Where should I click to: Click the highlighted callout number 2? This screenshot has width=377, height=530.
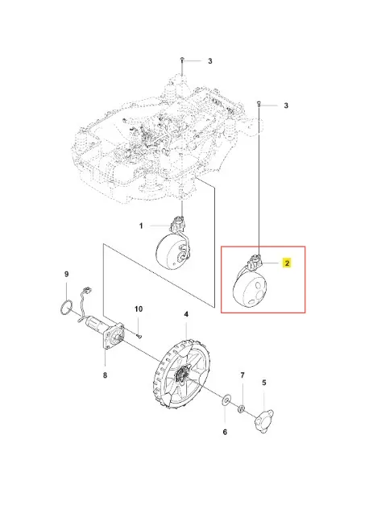pyautogui.click(x=287, y=263)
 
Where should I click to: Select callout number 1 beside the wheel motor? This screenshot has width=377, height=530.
pyautogui.click(x=141, y=226)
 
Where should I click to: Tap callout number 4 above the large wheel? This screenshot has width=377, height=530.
pyautogui.click(x=186, y=314)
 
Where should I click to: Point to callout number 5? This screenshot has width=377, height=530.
pyautogui.click(x=264, y=383)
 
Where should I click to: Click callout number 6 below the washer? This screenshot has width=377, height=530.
pyautogui.click(x=225, y=432)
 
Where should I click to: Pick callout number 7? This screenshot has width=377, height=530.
pyautogui.click(x=242, y=375)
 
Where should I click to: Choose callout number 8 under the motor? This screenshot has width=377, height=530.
pyautogui.click(x=105, y=375)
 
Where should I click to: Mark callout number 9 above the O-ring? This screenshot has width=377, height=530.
pyautogui.click(x=66, y=274)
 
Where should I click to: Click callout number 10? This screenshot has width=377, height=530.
pyautogui.click(x=139, y=309)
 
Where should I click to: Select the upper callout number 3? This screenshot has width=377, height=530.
pyautogui.click(x=210, y=61)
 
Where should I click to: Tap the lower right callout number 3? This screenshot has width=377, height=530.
pyautogui.click(x=286, y=106)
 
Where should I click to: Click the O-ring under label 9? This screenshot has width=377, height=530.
pyautogui.click(x=65, y=307)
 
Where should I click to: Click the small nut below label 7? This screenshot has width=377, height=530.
pyautogui.click(x=242, y=409)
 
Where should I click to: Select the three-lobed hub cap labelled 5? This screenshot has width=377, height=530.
pyautogui.click(x=263, y=420)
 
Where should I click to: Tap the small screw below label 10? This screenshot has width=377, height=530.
pyautogui.click(x=139, y=336)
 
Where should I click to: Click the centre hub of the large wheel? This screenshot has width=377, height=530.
pyautogui.click(x=183, y=375)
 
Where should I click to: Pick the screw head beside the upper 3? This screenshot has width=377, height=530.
pyautogui.click(x=182, y=59)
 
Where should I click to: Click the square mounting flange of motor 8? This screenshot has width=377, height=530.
pyautogui.click(x=114, y=335)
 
